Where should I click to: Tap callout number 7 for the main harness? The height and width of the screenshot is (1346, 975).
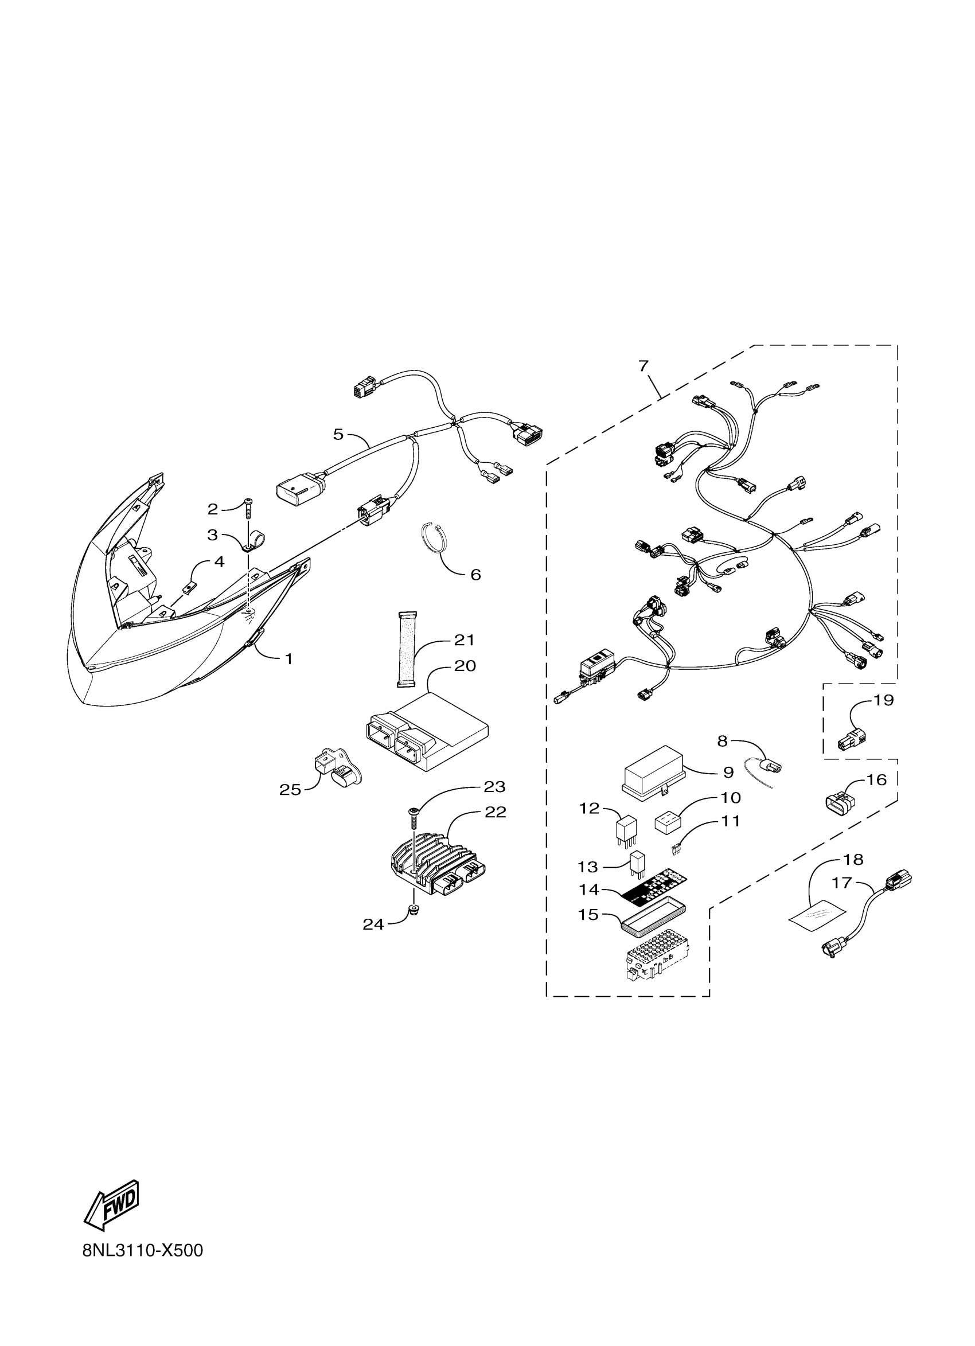(644, 366)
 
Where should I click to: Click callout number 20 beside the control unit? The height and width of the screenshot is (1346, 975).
(465, 666)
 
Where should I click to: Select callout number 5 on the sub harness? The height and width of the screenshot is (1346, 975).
(338, 434)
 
